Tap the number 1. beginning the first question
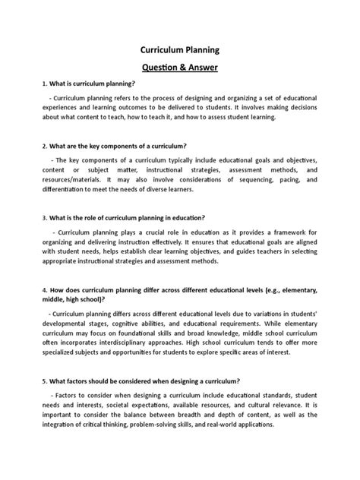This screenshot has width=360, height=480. click(x=24, y=84)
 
